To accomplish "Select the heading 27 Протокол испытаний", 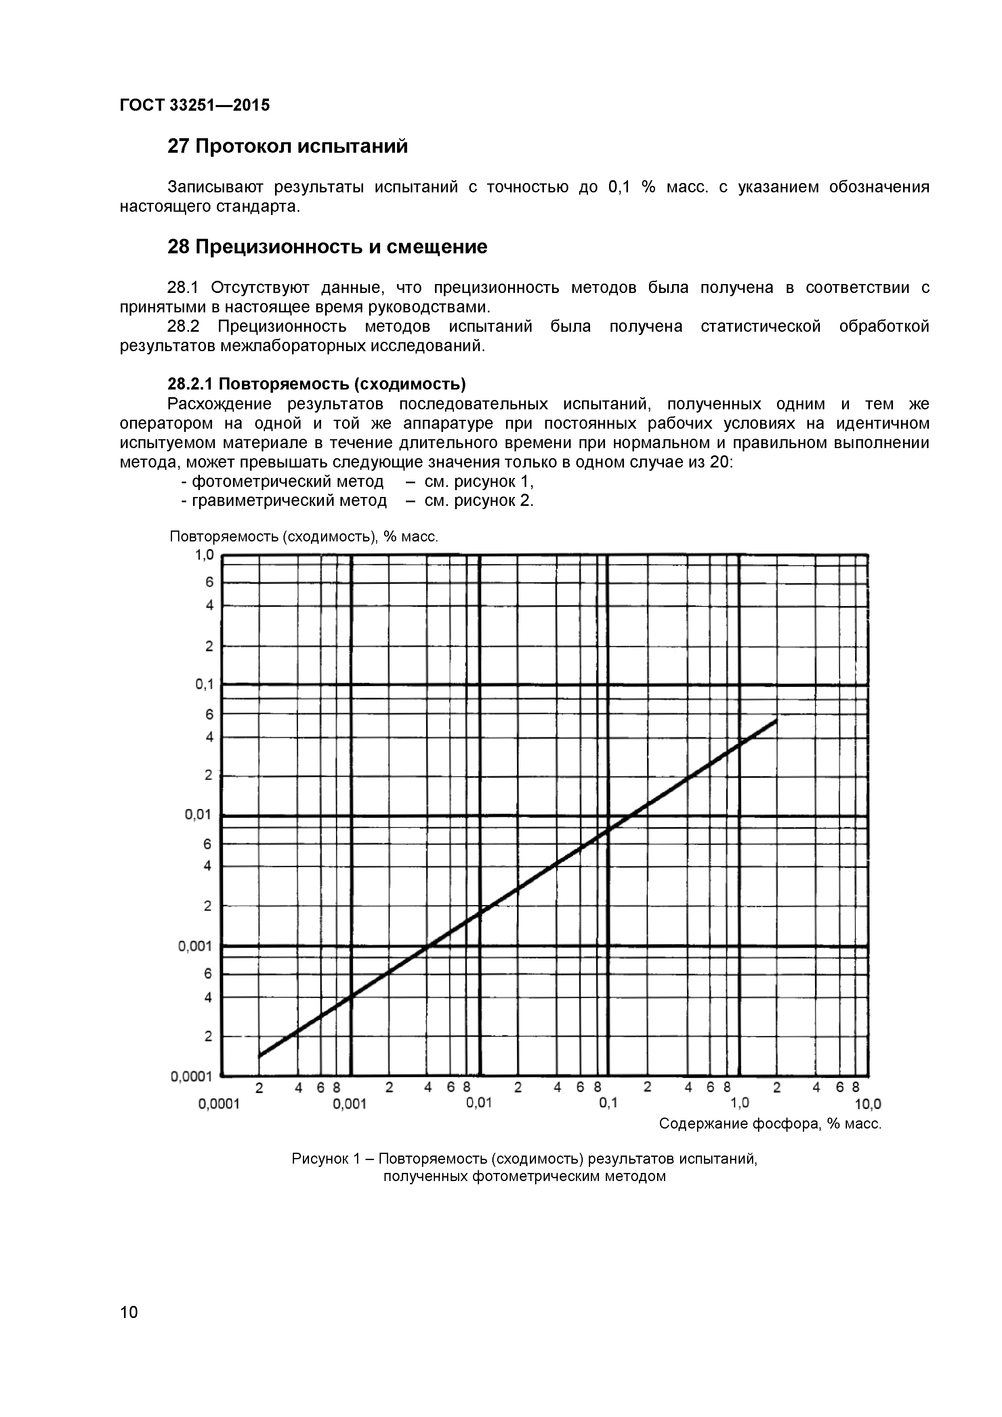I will tap(288, 147).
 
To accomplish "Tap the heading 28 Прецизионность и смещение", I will tap(327, 247).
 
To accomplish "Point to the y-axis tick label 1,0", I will tap(204, 556).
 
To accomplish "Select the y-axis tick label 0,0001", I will tap(191, 1076).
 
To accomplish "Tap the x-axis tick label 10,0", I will tap(868, 1104).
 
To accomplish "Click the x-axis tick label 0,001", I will tap(350, 1103).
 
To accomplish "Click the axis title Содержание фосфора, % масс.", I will tap(770, 1124).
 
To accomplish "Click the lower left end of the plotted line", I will tap(260, 1055).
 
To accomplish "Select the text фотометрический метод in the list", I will tap(288, 481).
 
